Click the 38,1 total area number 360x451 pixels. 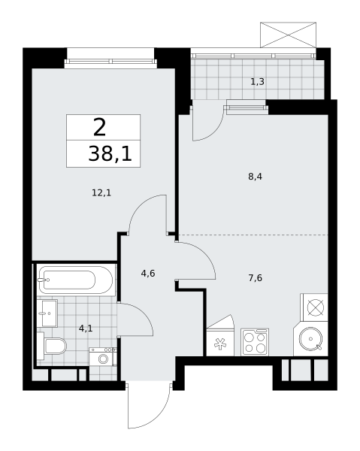[x=110, y=154]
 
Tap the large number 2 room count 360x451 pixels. [x=99, y=126]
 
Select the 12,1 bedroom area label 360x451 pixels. [x=101, y=192]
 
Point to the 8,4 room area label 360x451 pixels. [x=255, y=177]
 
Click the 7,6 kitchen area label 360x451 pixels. [x=255, y=277]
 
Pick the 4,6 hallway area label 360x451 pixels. [x=148, y=274]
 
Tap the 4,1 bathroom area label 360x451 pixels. [x=86, y=328]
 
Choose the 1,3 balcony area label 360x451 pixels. [x=257, y=81]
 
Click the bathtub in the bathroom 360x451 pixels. [x=75, y=280]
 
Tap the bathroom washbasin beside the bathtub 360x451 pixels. [x=48, y=312]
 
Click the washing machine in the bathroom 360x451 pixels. [x=102, y=356]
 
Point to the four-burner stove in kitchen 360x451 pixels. [x=255, y=342]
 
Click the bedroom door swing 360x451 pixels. [x=148, y=215]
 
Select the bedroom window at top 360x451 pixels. [x=110, y=58]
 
